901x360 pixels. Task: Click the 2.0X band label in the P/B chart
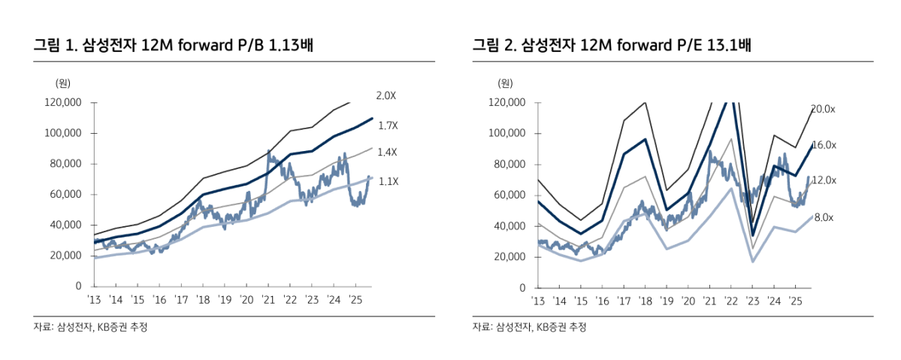tap(385, 95)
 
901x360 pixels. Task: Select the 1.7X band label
tap(388, 125)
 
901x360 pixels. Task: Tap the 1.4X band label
tap(387, 152)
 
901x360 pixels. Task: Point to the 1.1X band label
tap(388, 181)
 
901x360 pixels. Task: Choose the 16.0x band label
tap(824, 144)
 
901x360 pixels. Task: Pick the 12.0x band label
tap(824, 180)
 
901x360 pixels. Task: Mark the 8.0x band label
tap(824, 216)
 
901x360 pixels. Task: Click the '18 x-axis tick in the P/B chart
tap(203, 300)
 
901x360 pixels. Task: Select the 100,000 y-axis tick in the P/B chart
tap(62, 133)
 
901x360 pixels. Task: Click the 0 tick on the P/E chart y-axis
tap(522, 287)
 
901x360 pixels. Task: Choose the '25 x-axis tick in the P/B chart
tap(355, 300)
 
